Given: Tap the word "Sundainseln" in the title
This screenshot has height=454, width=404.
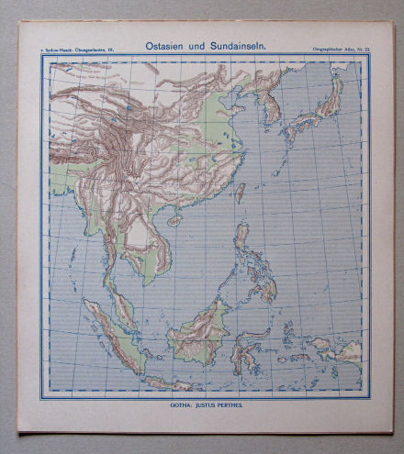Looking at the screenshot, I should click(x=234, y=45).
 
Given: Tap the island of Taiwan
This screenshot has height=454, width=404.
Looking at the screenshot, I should click(x=241, y=193).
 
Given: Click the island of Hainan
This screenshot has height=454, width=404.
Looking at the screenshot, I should click(x=174, y=221).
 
